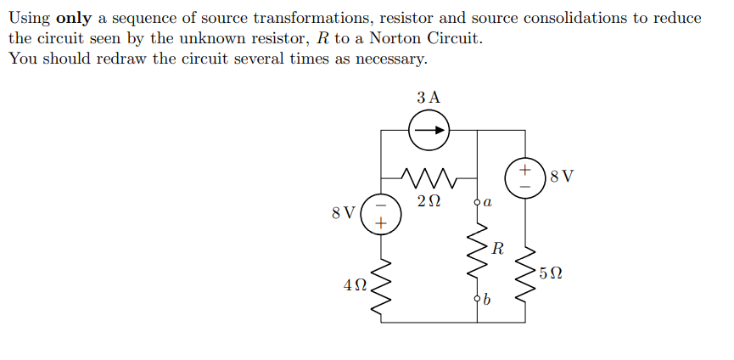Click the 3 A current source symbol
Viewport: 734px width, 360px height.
click(x=429, y=131)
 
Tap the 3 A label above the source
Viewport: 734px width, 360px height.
click(x=429, y=97)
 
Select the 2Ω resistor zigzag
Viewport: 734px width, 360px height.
click(x=429, y=178)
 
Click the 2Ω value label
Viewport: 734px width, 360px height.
click(x=429, y=202)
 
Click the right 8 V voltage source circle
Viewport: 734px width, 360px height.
click(x=524, y=177)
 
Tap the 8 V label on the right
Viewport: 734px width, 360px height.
click(x=562, y=177)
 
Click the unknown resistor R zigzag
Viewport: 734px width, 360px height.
click(x=477, y=252)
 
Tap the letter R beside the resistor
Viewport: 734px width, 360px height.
click(x=497, y=250)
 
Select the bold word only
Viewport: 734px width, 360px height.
click(x=73, y=19)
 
